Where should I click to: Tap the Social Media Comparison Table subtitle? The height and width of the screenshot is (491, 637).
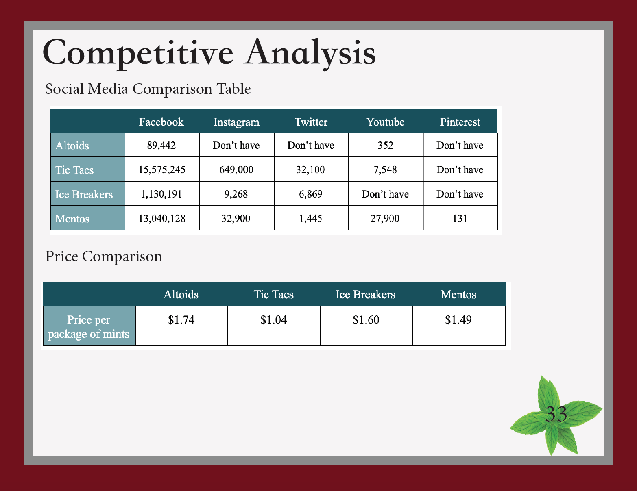[148, 89]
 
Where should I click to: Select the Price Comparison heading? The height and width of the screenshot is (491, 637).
[103, 256]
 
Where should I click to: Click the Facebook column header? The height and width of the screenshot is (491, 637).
[161, 122]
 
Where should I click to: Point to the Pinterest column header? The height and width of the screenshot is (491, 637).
[460, 122]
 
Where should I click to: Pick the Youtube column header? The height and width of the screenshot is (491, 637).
[386, 122]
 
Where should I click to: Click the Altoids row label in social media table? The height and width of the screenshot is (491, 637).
[72, 146]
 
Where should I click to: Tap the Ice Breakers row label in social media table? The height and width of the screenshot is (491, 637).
[84, 194]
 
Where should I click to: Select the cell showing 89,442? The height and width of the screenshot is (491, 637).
[161, 145]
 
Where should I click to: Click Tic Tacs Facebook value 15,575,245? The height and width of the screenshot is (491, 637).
[162, 170]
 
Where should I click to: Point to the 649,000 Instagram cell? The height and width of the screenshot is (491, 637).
[236, 170]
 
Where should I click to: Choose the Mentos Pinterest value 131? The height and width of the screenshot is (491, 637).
[460, 218]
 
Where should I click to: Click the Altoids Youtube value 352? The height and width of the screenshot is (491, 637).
[386, 145]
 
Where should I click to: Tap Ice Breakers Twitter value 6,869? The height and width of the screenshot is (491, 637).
[311, 194]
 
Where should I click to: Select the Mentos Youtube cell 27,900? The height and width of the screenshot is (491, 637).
[385, 218]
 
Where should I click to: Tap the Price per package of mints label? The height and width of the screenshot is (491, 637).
[89, 327]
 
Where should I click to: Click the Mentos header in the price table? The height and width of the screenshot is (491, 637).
[458, 295]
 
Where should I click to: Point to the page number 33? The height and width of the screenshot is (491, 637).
[556, 414]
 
